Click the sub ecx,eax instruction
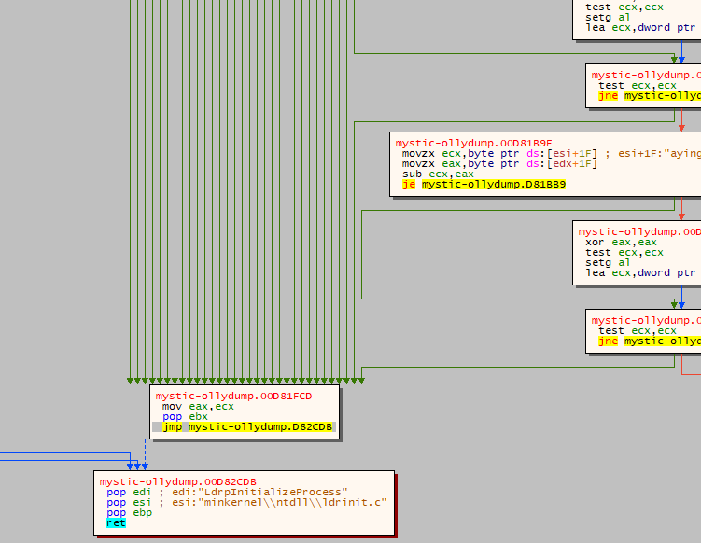(x=438, y=174)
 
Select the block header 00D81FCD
(x=233, y=396)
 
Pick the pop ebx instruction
(x=185, y=416)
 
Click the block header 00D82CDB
(x=177, y=481)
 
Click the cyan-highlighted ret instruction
(x=116, y=523)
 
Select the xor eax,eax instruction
(x=608, y=242)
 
